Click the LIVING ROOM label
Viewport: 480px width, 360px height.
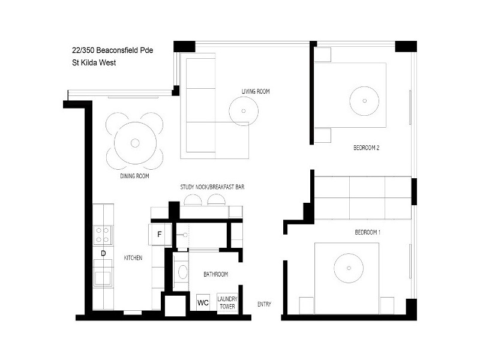256,91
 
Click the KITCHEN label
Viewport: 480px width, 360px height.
133,257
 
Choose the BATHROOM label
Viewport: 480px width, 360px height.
215,274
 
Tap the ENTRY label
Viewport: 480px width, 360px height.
264,304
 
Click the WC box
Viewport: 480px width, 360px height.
203,303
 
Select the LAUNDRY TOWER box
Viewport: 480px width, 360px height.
227,302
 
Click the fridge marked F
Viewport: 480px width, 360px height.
160,234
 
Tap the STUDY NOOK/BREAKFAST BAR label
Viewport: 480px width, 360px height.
212,187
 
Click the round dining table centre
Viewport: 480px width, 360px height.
135,143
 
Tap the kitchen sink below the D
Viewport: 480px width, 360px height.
103,276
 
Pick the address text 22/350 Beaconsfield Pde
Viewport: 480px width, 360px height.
112,51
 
